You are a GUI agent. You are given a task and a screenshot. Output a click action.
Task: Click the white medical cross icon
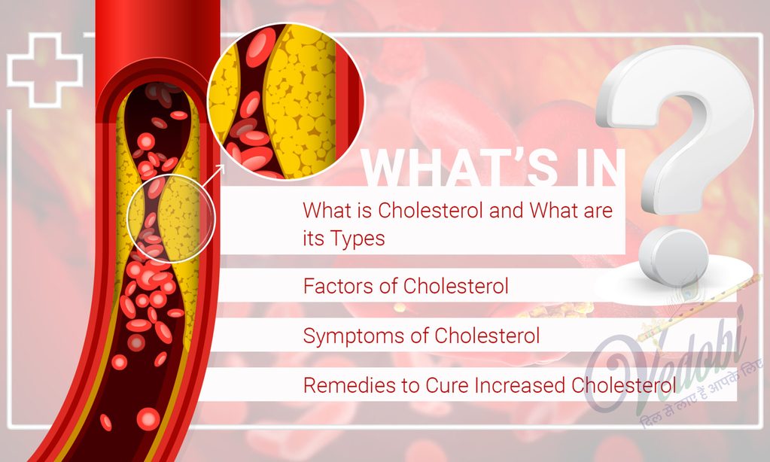(x=44, y=68)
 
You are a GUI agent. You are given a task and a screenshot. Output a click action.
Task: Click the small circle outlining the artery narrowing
(x=170, y=219)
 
